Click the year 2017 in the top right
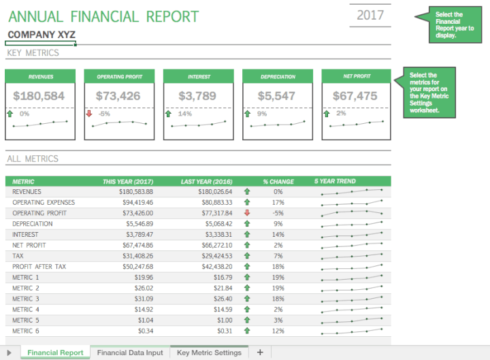370,15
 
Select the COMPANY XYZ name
42,35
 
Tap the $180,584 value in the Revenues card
39,96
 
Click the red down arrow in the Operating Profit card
88,114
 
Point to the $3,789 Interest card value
197,96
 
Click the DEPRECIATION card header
278,77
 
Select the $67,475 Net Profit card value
355,96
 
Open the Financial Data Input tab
130,353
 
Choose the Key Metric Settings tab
209,353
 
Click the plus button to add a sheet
259,353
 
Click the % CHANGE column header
278,182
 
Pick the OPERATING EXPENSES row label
44,203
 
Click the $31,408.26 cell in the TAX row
134,256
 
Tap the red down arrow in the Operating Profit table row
247,213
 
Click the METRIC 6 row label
26,331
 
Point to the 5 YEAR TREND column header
334,182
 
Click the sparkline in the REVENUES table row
351,192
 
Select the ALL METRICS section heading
33,159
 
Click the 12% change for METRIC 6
278,331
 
